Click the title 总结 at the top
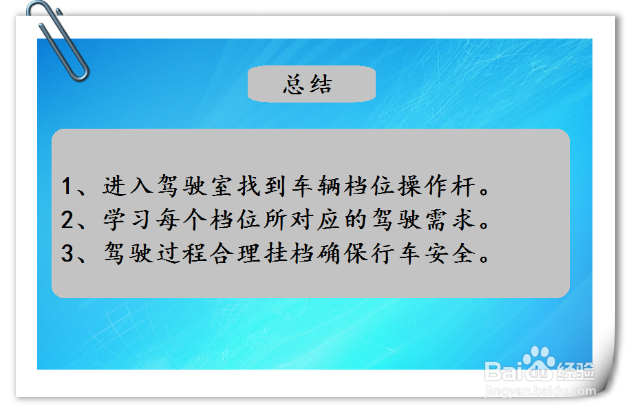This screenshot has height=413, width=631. [308, 85]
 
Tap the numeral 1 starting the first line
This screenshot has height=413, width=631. [67, 187]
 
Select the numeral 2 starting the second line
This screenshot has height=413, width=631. [67, 220]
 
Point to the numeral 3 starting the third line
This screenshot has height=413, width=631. [67, 253]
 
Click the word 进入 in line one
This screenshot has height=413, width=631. [127, 186]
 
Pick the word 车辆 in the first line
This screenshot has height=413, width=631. [317, 186]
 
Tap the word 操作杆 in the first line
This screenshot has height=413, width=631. [437, 186]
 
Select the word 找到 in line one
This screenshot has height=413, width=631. [262, 186]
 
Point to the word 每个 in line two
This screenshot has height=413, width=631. [182, 220]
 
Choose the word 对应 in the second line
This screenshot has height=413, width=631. [316, 220]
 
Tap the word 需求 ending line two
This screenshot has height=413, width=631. [451, 220]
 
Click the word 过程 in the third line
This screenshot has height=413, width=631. [182, 253]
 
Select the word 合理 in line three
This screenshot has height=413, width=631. [235, 253]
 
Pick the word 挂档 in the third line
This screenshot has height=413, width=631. [289, 253]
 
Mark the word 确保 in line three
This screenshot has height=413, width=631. [343, 253]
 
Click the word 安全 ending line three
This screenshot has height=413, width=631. [451, 253]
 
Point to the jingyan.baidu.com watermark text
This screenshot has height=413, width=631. [540, 390]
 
